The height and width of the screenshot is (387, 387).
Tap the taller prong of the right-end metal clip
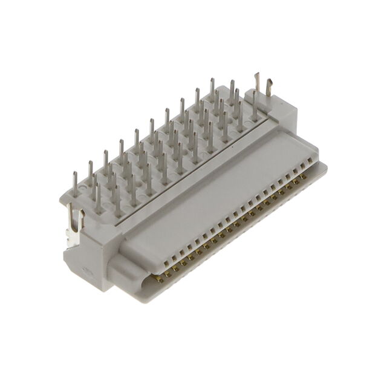pyautogui.click(x=256, y=85)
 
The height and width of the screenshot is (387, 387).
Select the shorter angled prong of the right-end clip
pyautogui.click(x=268, y=91)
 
